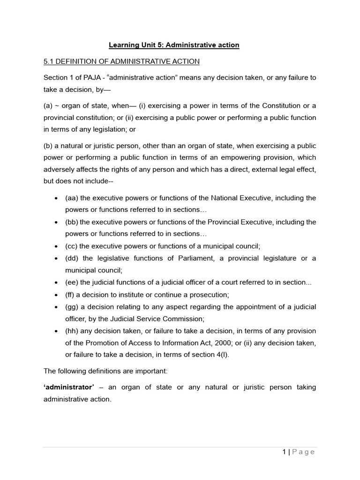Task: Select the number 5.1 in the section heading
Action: click(49, 61)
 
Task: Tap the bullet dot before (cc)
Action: click(56, 246)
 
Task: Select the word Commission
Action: click(183, 319)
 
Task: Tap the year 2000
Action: click(215, 343)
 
